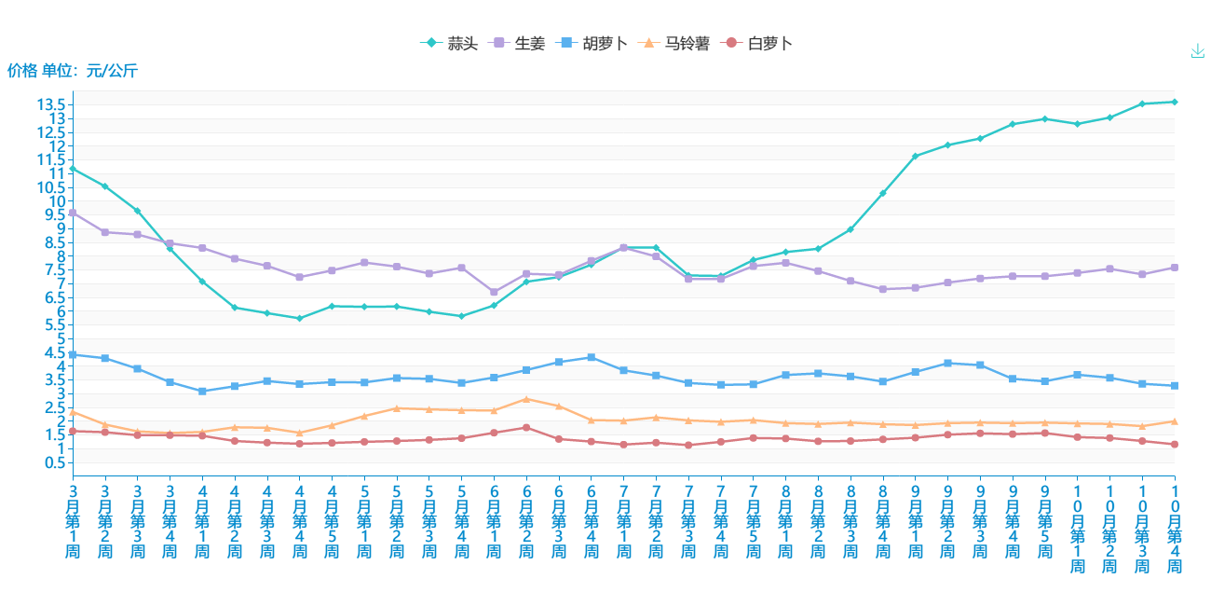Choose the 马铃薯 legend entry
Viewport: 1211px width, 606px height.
pos(676,43)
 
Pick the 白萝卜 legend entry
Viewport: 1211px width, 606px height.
pos(758,43)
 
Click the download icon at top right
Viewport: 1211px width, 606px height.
pos(1198,51)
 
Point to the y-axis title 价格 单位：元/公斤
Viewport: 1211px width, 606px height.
pos(73,70)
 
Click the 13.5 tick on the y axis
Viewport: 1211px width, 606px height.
pos(51,104)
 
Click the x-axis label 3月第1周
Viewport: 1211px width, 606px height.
pos(73,520)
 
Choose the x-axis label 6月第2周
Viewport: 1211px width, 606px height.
pos(526,520)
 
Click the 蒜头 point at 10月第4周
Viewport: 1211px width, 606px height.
pos(1175,102)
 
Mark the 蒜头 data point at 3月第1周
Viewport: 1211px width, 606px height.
pos(73,169)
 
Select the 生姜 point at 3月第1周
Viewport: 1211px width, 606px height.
pos(73,213)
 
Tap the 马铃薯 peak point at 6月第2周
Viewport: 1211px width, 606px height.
pos(526,399)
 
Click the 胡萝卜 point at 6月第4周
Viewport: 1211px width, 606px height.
pos(592,357)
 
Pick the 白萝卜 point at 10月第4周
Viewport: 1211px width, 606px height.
pos(1175,445)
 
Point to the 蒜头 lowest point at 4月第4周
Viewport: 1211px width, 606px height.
pos(299,319)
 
